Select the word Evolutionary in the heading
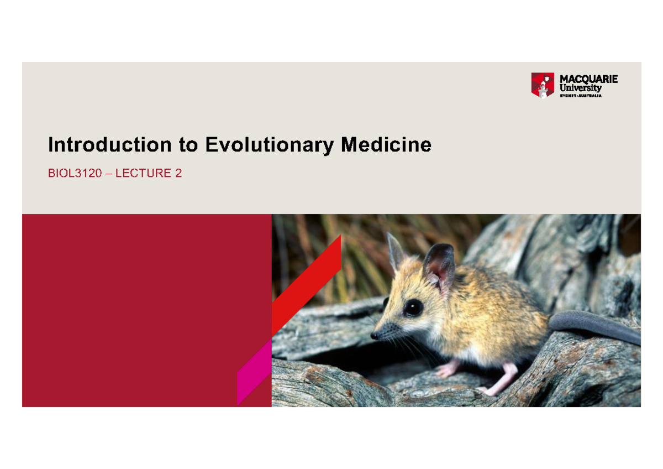tap(269, 145)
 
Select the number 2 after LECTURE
tap(178, 174)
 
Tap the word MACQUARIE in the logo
tap(588, 79)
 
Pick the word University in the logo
tap(581, 87)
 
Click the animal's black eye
tap(413, 308)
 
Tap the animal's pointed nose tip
tap(374, 336)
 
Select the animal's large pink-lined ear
tap(439, 268)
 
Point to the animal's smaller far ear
tap(395, 252)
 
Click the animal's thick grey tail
tap(594, 326)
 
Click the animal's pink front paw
tap(447, 369)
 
